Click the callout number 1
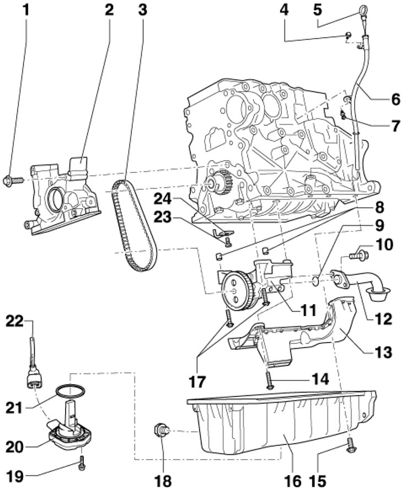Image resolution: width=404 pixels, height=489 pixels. click(x=26, y=10)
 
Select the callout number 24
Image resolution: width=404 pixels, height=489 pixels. click(x=163, y=199)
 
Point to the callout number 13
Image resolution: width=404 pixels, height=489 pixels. click(x=383, y=352)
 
